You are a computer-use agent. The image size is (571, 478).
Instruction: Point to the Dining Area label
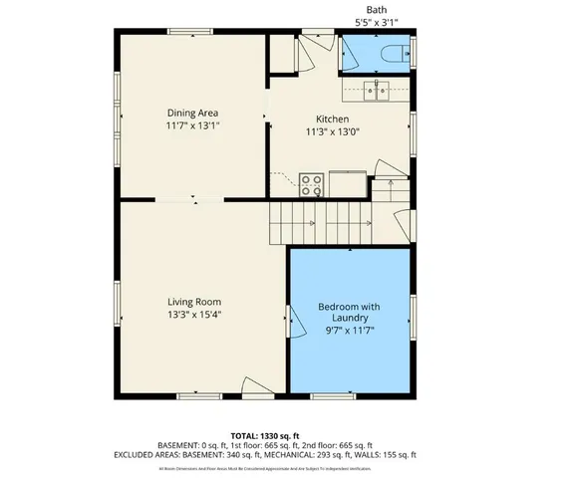pos(192,113)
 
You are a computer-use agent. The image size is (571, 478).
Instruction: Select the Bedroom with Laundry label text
pos(349,312)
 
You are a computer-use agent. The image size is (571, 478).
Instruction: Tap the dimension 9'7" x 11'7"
pos(349,331)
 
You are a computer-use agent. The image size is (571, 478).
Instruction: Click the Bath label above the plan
pos(376,8)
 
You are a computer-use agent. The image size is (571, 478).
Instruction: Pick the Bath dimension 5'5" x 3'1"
pos(376,21)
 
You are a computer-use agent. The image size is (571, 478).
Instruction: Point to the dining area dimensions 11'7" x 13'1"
pos(192,126)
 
